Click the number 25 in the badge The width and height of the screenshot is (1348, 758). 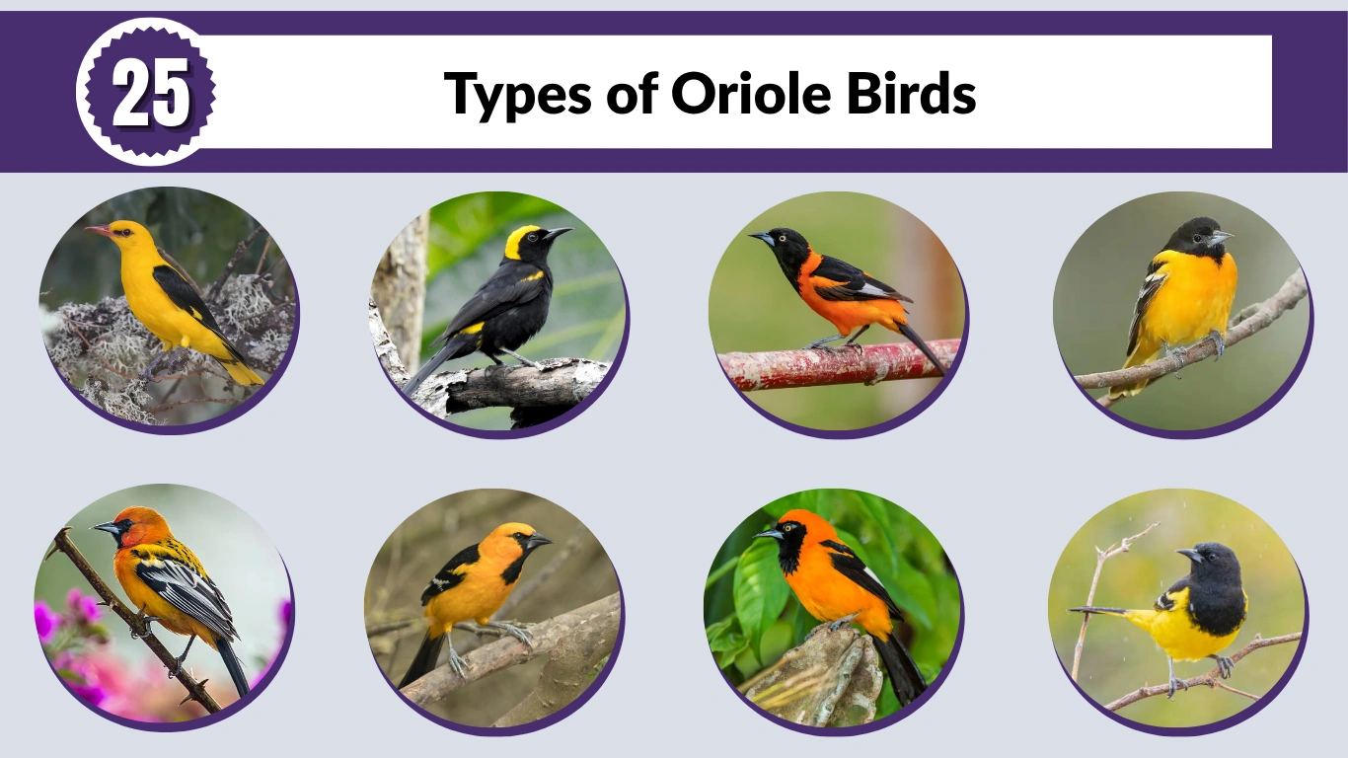coord(150,95)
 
